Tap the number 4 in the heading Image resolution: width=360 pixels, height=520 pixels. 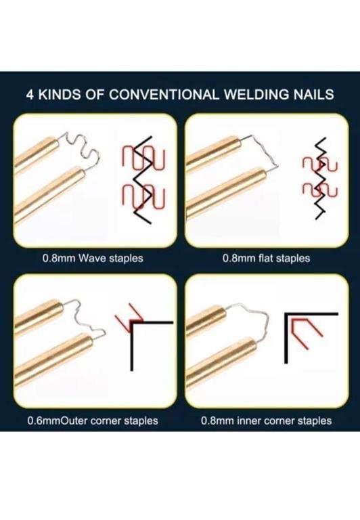click(30, 95)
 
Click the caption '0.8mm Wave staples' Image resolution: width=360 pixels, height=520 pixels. click(93, 258)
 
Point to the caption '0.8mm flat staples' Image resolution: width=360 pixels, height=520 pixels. click(266, 258)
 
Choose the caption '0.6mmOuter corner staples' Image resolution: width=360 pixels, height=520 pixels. click(93, 421)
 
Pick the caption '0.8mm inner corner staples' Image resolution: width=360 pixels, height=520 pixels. click(266, 421)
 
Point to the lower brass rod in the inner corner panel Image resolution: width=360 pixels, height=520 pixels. click(221, 362)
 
